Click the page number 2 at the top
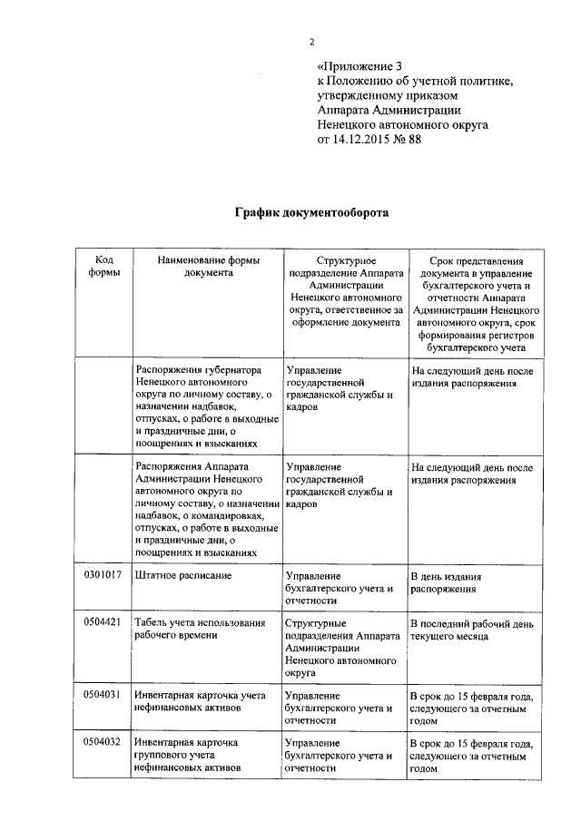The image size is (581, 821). point(311,42)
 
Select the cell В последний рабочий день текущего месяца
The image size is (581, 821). point(468,630)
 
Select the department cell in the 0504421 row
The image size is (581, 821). point(343,648)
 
